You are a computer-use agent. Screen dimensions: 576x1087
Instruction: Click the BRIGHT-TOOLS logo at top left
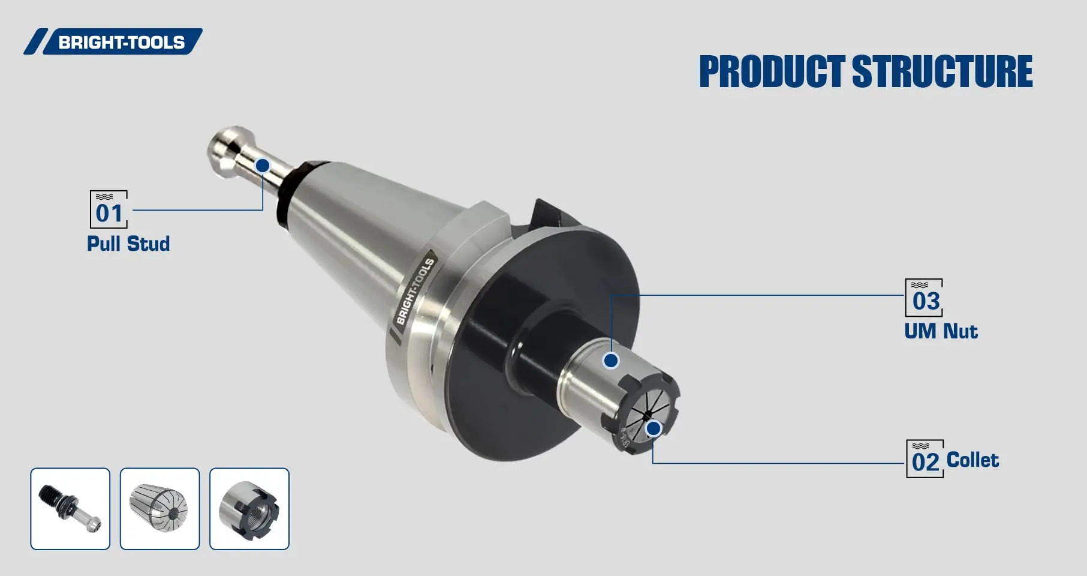(x=114, y=42)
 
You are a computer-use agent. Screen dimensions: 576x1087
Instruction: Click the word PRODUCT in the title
(x=772, y=72)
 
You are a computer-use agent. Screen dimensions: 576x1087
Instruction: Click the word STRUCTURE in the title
(x=942, y=72)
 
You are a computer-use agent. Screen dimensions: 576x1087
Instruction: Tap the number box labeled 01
(x=109, y=210)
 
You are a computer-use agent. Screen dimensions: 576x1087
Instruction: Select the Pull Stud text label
(x=128, y=244)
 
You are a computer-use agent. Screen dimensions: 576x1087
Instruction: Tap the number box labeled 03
(x=924, y=298)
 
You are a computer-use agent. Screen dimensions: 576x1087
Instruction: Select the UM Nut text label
(x=941, y=331)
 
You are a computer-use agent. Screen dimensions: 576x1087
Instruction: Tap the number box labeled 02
(x=925, y=459)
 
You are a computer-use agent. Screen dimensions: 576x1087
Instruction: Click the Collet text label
(x=972, y=460)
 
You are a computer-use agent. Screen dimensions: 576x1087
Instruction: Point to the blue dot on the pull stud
(x=263, y=166)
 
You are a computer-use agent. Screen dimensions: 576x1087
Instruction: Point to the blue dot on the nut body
(x=611, y=361)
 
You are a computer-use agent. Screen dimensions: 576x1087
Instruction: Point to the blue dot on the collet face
(x=654, y=428)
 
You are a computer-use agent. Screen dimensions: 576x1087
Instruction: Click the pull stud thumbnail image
(x=70, y=509)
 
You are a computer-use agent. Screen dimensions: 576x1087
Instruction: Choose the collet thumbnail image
(x=159, y=509)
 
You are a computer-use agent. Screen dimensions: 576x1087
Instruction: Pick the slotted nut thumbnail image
(x=249, y=509)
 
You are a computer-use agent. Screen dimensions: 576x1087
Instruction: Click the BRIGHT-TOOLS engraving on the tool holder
(x=415, y=291)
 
